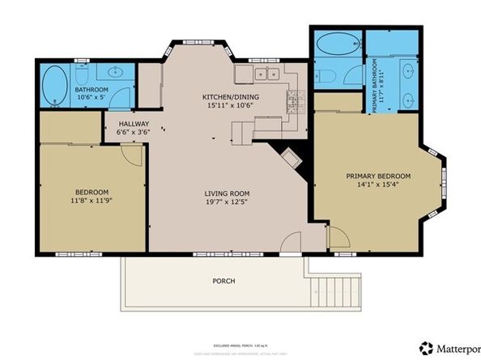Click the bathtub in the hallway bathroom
click(55, 85)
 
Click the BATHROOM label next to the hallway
click(92, 90)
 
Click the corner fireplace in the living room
click(290, 155)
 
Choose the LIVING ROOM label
click(226, 193)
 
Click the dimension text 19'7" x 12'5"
click(226, 203)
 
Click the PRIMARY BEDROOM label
click(378, 176)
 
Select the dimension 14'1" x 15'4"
click(378, 185)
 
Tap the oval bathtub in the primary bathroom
click(335, 44)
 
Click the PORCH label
click(224, 281)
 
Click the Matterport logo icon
click(425, 348)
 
